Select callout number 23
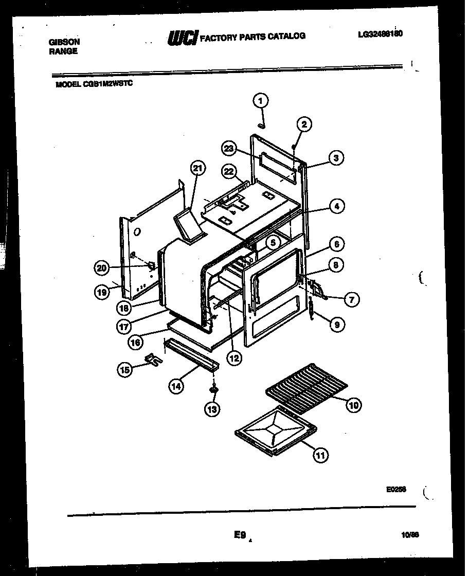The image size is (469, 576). pos(228,149)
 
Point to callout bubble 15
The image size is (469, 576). pos(124,369)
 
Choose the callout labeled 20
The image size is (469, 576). pos(102,267)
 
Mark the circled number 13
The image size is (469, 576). pos(212,409)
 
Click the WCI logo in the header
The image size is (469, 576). pos(183,38)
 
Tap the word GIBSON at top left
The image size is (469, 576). pos(64,42)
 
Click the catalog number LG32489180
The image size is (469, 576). pos(380,34)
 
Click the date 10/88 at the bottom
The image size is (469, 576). pos(410,534)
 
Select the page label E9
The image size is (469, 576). pos(240,535)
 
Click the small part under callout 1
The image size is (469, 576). pos(262,125)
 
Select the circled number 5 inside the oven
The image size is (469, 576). pos(273,241)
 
